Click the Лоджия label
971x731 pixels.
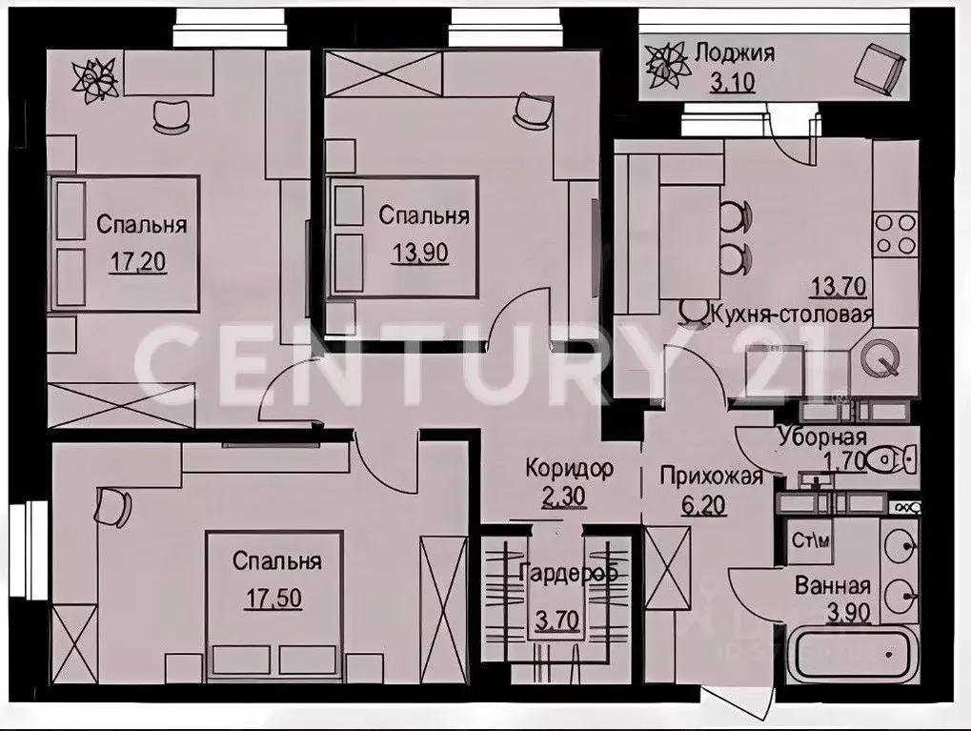pos(734,52)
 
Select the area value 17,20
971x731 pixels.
pos(138,262)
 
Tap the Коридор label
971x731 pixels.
pos(569,469)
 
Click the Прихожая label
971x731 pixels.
pos(711,476)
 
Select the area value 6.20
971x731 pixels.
pos(704,502)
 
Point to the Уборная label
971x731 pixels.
pos(820,437)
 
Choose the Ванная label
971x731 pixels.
pos(833,586)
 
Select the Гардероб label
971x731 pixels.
pos(569,574)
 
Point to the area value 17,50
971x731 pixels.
pos(276,600)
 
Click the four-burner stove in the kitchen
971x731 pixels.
pos(896,233)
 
